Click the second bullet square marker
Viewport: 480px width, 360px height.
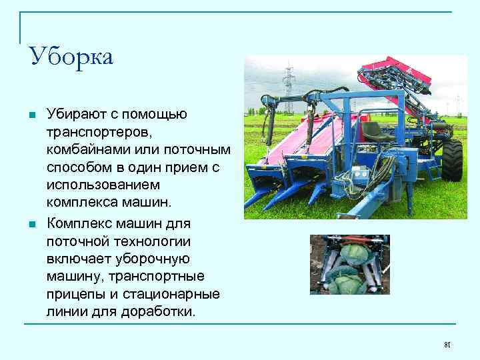coord(32,224)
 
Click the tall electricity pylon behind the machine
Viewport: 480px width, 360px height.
coord(289,83)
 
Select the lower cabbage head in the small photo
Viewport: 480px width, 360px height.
coord(347,283)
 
